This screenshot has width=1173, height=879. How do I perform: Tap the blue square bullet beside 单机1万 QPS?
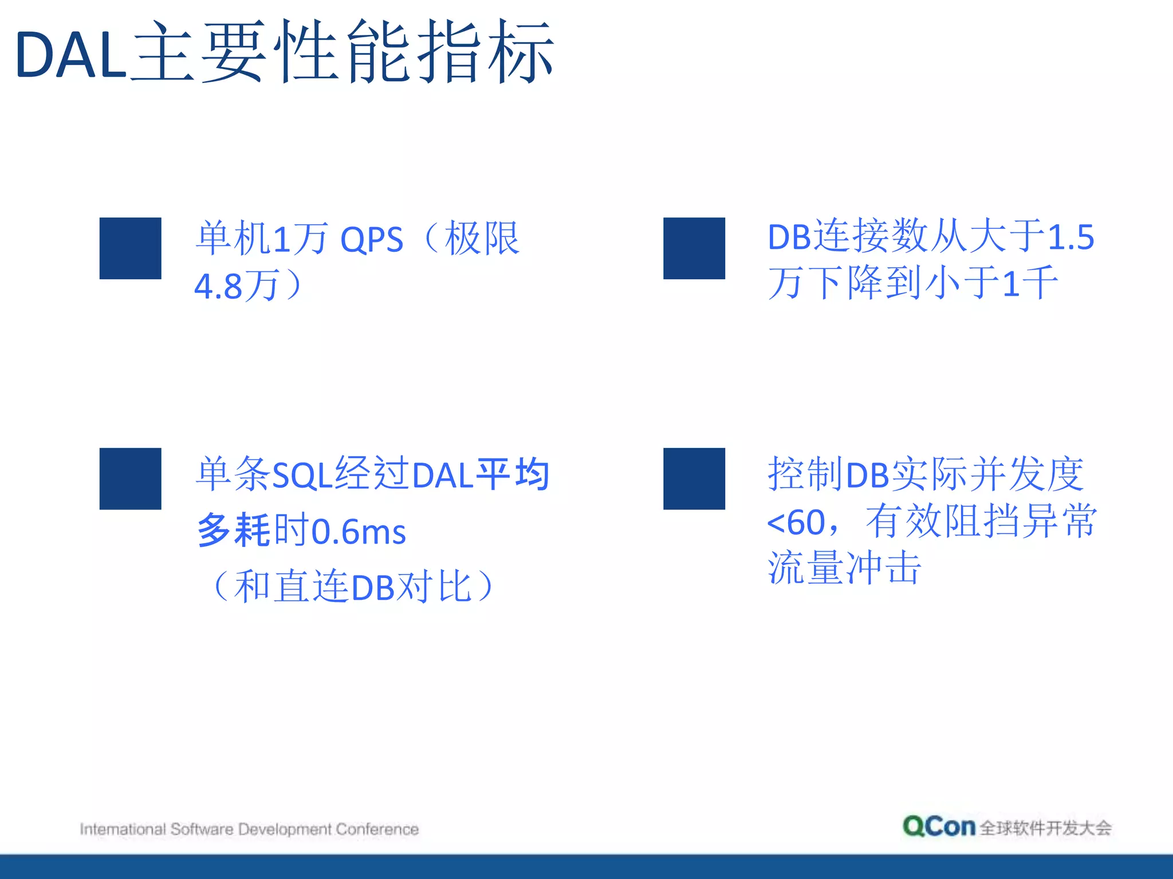pos(130,248)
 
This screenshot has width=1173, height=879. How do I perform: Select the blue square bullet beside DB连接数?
pos(694,248)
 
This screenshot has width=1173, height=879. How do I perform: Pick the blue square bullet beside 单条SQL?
pos(130,478)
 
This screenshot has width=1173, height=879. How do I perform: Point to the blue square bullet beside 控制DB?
pos(694,478)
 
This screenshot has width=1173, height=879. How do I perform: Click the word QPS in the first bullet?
pos(372,240)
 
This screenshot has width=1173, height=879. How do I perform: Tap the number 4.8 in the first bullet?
pos(218,286)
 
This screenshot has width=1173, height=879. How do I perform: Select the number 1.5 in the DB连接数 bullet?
pos(1070,236)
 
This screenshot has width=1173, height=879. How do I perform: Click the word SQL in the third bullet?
pos(302,475)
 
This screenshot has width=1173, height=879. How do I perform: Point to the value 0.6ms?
pos(359,532)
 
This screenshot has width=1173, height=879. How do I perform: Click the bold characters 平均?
pos(513,474)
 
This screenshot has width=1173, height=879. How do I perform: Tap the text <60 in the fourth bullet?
pos(796,522)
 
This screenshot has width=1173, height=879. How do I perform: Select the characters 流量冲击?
pos(844,568)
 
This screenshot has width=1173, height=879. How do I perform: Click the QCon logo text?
pos(938,826)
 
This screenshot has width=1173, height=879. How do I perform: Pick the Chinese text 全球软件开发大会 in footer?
pos(1045,828)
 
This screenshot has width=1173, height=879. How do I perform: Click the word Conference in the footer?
pos(377,829)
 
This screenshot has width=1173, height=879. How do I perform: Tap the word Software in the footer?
pos(202,829)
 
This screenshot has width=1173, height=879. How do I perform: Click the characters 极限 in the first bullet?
pos(482,239)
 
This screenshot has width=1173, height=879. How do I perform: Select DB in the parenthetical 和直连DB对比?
pos(373,588)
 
